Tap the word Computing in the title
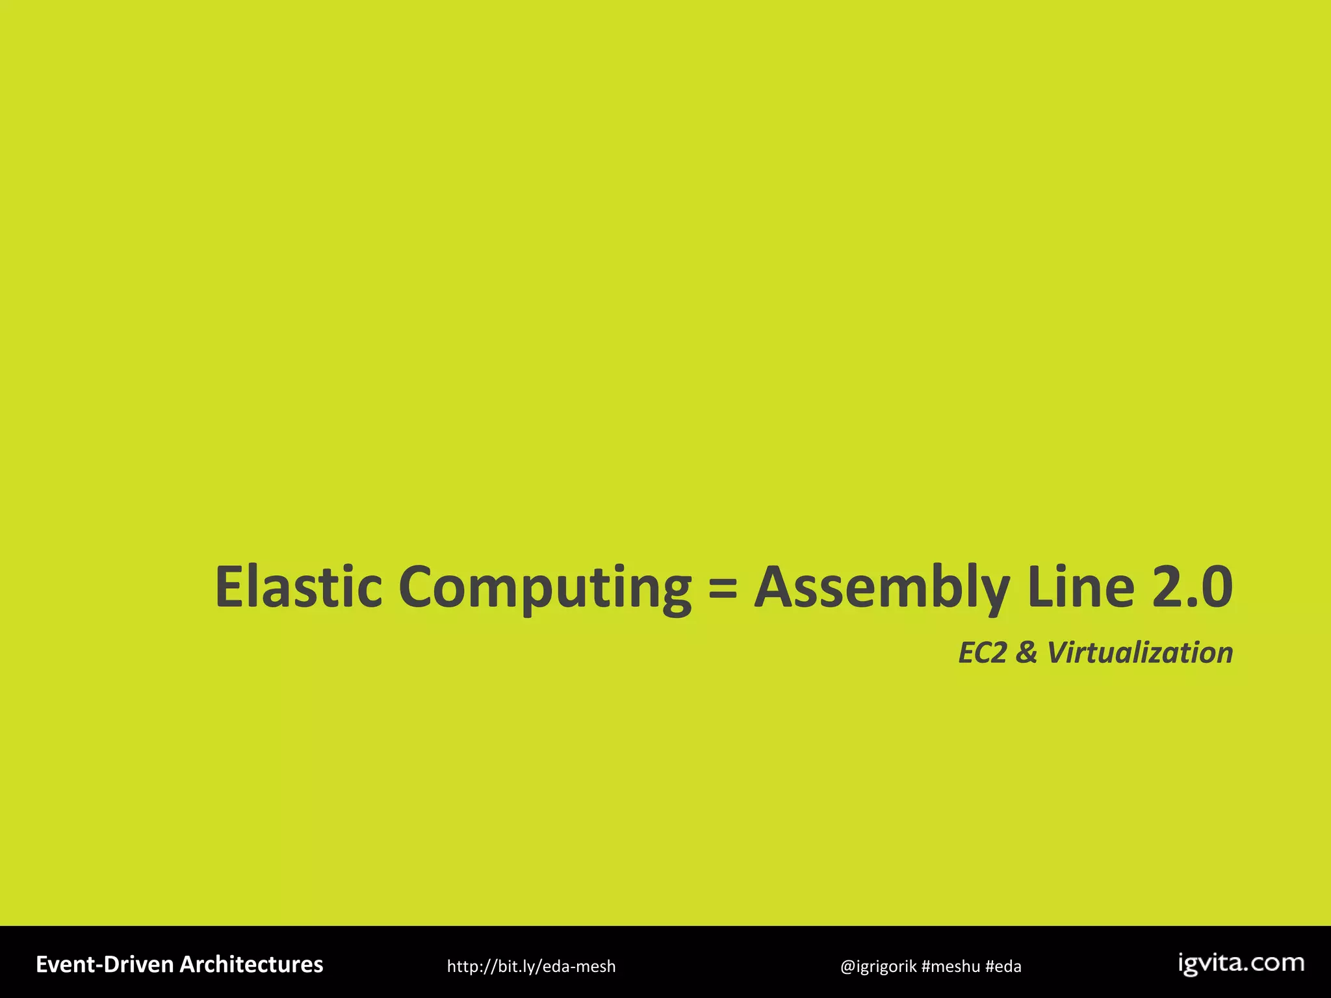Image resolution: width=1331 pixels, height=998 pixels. coord(545,588)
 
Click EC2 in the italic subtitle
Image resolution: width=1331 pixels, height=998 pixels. coord(983,652)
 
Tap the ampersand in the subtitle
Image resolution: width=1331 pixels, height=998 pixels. coord(1026,652)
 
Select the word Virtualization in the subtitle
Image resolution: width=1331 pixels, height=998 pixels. coord(1140,652)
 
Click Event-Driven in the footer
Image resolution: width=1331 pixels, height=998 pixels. coord(105,964)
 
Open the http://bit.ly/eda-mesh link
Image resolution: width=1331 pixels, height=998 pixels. coord(531,966)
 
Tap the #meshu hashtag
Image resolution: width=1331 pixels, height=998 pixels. coord(951,966)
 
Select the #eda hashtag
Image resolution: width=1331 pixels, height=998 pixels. coord(1003,966)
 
